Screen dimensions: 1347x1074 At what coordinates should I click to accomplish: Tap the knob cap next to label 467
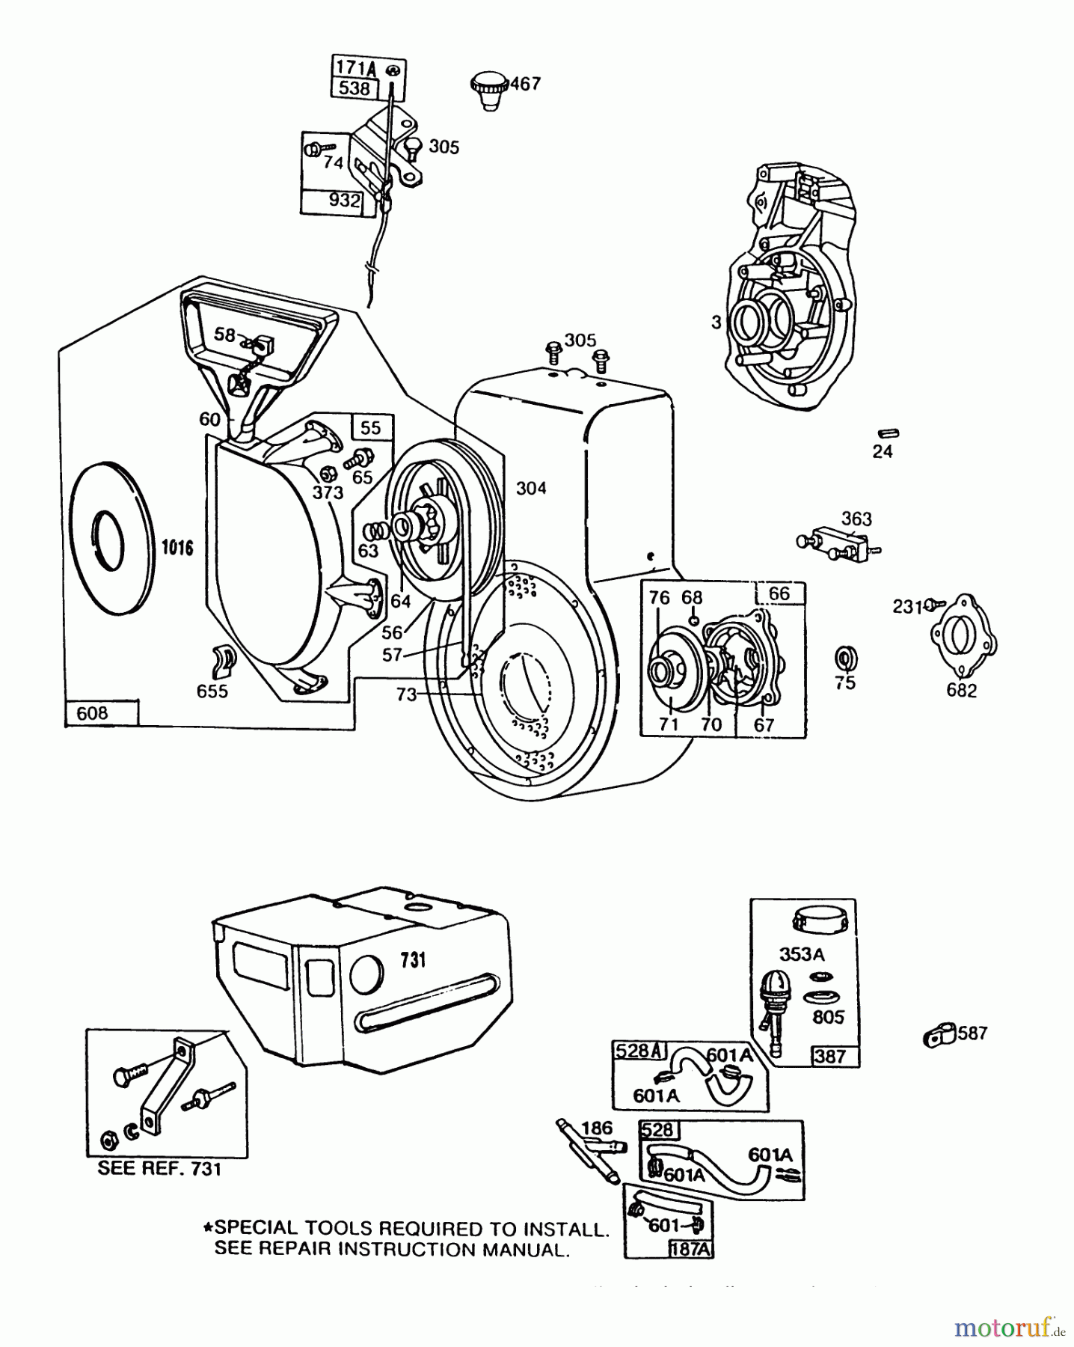(489, 89)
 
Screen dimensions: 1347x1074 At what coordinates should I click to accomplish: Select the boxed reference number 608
(93, 713)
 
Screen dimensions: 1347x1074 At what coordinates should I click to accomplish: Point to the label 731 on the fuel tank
(413, 959)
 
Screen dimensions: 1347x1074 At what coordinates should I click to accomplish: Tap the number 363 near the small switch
(856, 519)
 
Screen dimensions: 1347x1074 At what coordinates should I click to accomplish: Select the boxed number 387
(830, 1056)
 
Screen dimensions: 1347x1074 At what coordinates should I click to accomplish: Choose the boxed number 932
(343, 201)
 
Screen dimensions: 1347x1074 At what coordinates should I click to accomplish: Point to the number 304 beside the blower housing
(531, 488)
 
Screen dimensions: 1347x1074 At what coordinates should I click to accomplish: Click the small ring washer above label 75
(845, 659)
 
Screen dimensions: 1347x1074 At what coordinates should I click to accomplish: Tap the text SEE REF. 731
(160, 1168)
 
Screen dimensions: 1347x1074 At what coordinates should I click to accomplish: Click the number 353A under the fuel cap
(802, 953)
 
